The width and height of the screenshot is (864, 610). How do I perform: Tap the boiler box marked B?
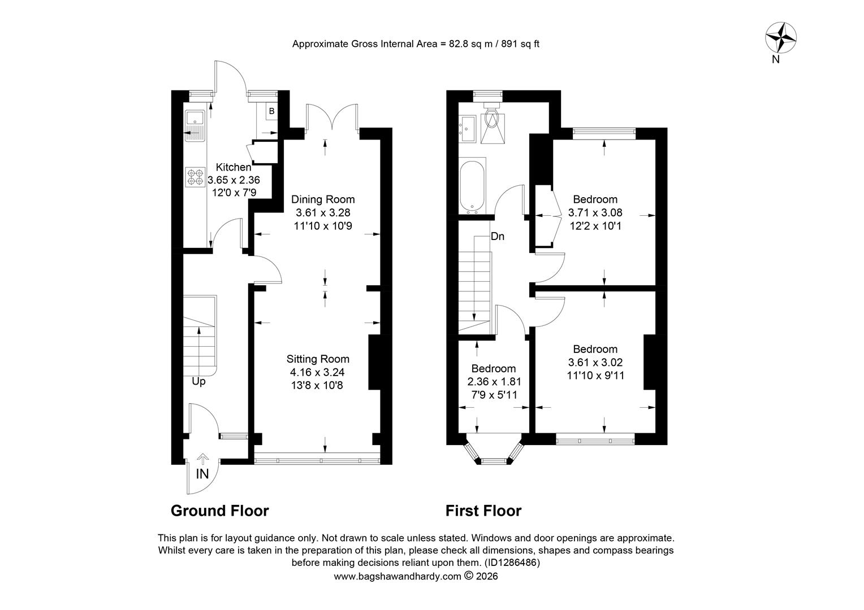(x=271, y=111)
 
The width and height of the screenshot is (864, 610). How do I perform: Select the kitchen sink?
(x=195, y=125)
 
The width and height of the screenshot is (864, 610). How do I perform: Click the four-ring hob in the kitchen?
(x=195, y=177)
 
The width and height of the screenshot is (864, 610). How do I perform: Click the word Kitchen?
(x=234, y=167)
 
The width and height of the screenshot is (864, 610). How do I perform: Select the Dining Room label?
(x=323, y=199)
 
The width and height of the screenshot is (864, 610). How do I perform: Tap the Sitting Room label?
(x=318, y=359)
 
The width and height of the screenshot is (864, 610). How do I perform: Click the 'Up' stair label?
(x=198, y=381)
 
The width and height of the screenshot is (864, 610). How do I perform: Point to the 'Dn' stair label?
(x=498, y=236)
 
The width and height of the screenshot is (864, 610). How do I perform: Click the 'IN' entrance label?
(x=202, y=474)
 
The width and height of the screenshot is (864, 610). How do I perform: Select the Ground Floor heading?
(x=220, y=511)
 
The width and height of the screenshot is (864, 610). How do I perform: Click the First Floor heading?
(x=483, y=511)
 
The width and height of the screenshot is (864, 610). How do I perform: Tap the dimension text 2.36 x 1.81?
(x=494, y=381)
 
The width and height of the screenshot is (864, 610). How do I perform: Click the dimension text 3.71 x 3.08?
(x=595, y=212)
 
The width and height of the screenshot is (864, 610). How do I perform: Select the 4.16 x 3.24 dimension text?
(x=317, y=372)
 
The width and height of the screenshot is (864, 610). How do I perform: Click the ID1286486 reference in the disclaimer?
(x=512, y=562)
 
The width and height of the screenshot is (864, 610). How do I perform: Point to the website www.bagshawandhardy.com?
(x=398, y=576)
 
